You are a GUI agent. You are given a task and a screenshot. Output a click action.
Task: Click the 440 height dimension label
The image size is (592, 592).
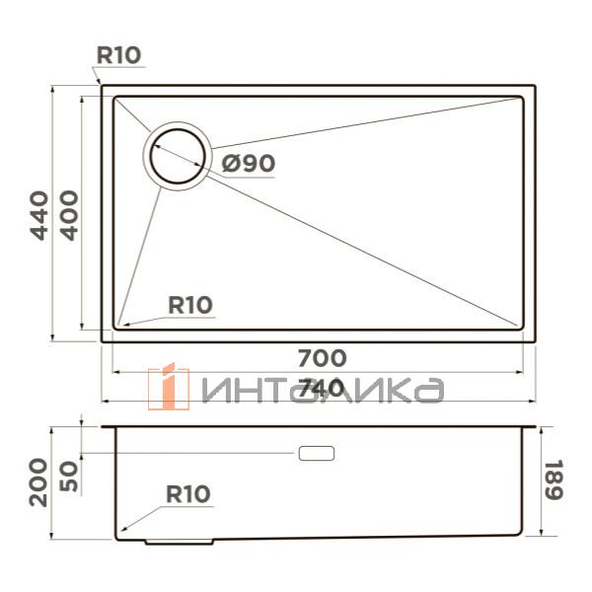click(x=38, y=216)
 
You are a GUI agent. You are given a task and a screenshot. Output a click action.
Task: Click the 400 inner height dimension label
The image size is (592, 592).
click(x=68, y=216)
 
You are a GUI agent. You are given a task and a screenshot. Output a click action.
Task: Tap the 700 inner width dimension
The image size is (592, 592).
click(x=323, y=357)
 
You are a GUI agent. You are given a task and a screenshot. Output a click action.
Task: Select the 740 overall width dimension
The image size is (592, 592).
click(x=323, y=388)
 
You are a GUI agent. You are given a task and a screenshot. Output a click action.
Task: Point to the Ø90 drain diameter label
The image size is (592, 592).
click(x=247, y=164)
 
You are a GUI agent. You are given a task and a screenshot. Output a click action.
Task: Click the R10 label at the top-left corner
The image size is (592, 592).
click(x=117, y=56)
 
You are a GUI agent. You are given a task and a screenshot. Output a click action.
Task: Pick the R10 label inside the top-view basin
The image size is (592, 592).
click(x=189, y=306)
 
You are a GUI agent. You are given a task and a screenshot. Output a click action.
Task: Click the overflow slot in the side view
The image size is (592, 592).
click(x=316, y=453)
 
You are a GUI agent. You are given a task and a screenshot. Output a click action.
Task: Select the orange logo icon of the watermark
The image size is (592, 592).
click(x=169, y=386)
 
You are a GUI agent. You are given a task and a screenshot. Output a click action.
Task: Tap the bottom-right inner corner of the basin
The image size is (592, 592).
click(x=521, y=327)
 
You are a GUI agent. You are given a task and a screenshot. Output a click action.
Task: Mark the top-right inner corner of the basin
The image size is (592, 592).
click(x=521, y=98)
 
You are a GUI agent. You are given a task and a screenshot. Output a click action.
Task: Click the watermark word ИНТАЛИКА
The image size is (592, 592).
click(x=321, y=390)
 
